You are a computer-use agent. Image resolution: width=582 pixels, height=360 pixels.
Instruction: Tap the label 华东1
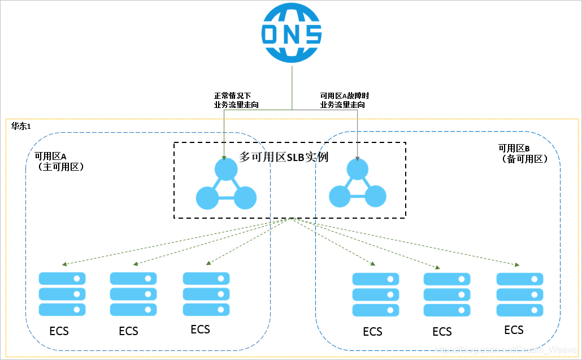point(21,125)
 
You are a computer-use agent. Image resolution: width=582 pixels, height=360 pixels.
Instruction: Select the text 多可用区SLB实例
point(284,157)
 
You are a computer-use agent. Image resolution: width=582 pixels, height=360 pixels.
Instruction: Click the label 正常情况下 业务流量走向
point(236,100)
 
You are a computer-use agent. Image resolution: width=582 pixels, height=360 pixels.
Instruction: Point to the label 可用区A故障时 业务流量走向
point(344,100)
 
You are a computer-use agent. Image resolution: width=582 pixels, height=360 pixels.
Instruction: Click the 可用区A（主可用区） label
point(58,162)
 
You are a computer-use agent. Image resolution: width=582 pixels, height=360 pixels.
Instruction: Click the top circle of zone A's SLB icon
point(226,169)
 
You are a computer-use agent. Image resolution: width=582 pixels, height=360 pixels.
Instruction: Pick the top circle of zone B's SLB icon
point(358,169)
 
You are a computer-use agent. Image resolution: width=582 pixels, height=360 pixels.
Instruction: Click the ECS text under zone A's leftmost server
point(59,331)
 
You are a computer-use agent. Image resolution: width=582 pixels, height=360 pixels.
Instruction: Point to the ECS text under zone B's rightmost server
point(514,330)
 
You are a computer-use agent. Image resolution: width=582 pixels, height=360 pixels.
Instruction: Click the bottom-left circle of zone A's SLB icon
point(207,198)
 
